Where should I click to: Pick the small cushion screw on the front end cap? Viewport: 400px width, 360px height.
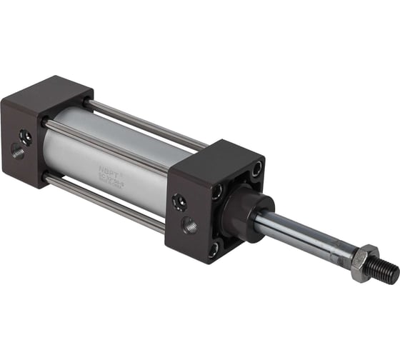(x=180, y=203)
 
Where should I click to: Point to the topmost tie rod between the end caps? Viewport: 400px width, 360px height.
(x=143, y=121)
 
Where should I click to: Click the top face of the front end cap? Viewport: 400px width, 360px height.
(x=214, y=156)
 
